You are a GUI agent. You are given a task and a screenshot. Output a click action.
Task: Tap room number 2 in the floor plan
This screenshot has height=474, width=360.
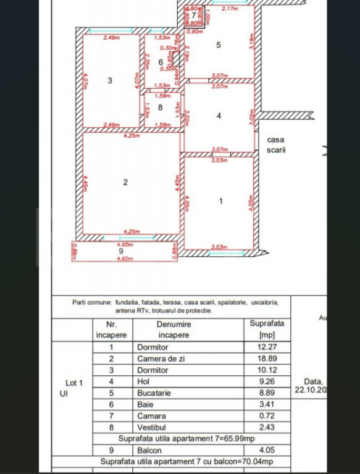click(x=125, y=182)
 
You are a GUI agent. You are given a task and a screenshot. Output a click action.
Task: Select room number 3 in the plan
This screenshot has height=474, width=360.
click(x=109, y=80)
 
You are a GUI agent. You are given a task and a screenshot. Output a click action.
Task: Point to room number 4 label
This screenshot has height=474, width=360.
click(x=219, y=115)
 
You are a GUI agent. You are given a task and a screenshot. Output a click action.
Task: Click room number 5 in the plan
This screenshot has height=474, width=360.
click(x=218, y=44)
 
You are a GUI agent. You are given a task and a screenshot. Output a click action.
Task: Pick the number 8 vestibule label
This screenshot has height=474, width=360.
click(x=160, y=107)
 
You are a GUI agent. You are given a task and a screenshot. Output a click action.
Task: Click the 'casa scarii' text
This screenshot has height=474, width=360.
click(x=275, y=145)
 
